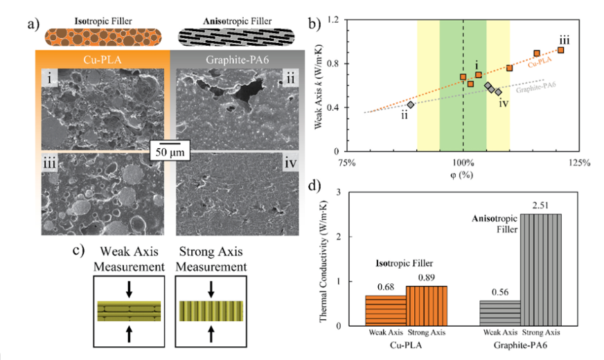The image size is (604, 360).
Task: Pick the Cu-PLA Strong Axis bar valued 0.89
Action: click(427, 305)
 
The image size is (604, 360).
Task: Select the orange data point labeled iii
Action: click(561, 50)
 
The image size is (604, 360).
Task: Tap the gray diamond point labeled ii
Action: click(411, 105)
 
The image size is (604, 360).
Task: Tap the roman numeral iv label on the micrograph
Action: click(290, 166)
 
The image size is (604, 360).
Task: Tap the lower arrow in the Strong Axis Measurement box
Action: click(212, 335)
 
